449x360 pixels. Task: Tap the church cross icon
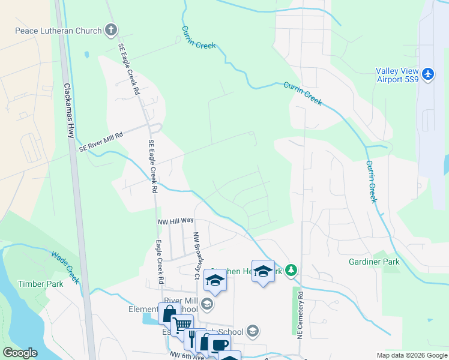click(110, 29)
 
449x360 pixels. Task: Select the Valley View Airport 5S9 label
click(397, 74)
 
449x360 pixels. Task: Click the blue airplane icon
click(427, 74)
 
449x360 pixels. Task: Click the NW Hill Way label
click(175, 221)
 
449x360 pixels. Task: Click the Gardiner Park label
click(374, 262)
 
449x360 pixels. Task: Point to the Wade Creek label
click(65, 267)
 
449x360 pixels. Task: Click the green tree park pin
click(291, 271)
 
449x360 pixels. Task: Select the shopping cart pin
click(181, 326)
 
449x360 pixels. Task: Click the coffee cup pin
click(220, 344)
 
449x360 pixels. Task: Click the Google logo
click(20, 353)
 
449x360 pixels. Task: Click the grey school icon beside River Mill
click(207, 305)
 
